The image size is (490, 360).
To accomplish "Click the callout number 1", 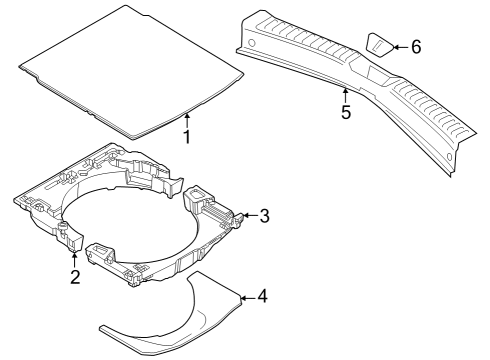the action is (187, 137).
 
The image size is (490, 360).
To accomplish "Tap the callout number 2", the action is (75, 276).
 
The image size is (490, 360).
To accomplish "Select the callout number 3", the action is (264, 216).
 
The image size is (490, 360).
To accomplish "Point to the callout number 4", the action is (262, 296).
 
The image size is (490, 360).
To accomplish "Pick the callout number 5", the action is (346, 112).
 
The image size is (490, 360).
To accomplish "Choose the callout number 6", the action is (416, 47).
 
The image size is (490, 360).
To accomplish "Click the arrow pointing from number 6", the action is (400, 47).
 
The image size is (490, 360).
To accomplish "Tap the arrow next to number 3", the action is (250, 215).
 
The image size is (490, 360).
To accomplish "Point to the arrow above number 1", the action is (187, 121).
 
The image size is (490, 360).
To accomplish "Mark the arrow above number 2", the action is (74, 259).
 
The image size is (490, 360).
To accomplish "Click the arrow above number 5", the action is (345, 95).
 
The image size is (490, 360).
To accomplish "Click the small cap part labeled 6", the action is (380, 45).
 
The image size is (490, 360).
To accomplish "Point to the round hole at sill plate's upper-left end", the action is (252, 43).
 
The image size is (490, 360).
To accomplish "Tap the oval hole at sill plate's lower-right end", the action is (449, 156).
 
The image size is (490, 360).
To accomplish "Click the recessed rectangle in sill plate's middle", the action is (378, 74).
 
